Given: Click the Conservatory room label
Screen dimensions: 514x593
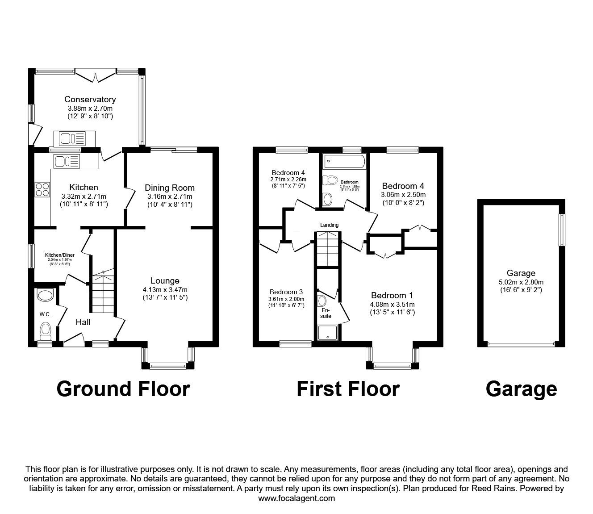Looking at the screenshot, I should click(90, 100).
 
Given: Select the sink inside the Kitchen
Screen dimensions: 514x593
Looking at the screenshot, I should click(66, 160).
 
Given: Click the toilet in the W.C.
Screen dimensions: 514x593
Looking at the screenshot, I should click(46, 331).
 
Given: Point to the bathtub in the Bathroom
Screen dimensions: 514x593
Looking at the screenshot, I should click(345, 161).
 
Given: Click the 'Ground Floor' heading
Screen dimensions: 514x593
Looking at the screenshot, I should click(123, 389).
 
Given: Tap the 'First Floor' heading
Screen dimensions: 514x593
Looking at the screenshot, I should click(348, 389).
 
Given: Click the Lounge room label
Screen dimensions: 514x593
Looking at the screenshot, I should click(165, 281).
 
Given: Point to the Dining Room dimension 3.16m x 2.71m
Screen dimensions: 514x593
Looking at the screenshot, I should click(170, 196).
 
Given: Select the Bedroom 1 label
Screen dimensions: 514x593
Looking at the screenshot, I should click(392, 295).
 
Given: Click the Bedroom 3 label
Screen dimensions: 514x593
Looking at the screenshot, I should click(286, 292).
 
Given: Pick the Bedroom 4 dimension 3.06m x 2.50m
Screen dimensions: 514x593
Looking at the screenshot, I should click(403, 195).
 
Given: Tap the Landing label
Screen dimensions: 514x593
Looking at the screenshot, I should click(329, 225).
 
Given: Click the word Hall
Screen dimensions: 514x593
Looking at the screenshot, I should click(83, 322).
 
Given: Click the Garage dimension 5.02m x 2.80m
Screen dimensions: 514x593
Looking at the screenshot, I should click(521, 282).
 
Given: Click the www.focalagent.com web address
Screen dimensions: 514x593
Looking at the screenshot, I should click(296, 498).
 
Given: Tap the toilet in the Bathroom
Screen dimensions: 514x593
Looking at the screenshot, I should click(331, 180).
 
